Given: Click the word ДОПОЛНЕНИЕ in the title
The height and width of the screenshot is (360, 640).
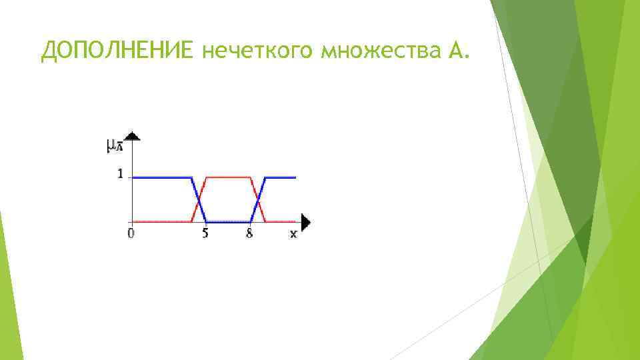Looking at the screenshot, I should (x=117, y=49).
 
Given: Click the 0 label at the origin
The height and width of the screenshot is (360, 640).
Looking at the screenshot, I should (x=131, y=233).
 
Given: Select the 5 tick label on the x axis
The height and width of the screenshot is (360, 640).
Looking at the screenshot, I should (x=205, y=233).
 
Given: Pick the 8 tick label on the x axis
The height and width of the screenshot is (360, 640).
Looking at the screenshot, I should (x=249, y=233).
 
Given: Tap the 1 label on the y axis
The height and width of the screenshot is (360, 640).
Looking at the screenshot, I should (x=120, y=174).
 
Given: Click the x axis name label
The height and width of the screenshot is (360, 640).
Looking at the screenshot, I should (x=293, y=234).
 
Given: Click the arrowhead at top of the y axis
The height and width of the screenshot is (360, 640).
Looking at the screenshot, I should (x=133, y=136).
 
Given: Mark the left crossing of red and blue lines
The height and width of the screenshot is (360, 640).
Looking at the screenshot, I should (x=199, y=199).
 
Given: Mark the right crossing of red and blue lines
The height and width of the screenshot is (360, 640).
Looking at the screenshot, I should (x=258, y=199).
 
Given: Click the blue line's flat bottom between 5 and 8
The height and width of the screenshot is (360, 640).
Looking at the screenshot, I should (x=228, y=221).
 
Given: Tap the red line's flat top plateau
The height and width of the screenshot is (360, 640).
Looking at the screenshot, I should (x=228, y=177).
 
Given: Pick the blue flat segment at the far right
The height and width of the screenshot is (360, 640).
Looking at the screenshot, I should (x=281, y=177).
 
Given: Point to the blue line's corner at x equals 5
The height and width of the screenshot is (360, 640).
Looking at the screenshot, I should (x=207, y=221).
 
